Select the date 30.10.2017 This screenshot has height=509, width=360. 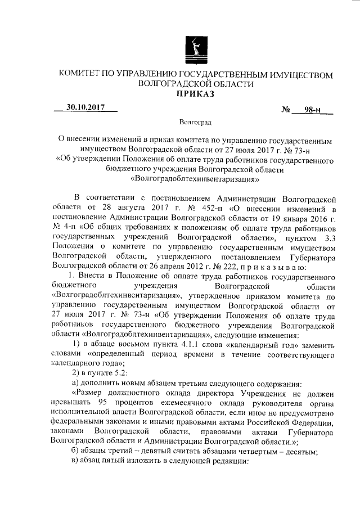(85, 107)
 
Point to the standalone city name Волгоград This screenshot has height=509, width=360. (195, 122)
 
